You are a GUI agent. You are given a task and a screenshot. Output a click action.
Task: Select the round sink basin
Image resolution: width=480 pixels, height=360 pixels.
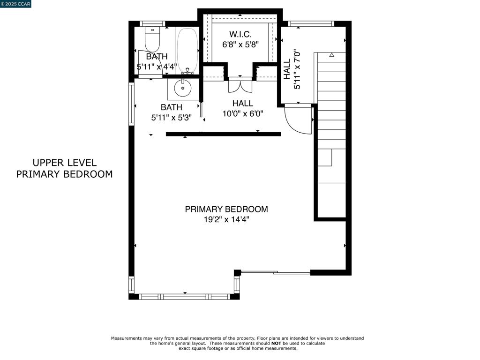tap(182, 87)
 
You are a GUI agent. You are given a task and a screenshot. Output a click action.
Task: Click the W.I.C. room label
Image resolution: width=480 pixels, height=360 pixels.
tap(240, 34)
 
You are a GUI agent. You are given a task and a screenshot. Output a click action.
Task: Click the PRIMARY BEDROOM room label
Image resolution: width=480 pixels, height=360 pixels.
tap(226, 209)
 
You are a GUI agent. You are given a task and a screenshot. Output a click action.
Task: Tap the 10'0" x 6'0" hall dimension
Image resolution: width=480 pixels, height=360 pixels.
tap(243, 113)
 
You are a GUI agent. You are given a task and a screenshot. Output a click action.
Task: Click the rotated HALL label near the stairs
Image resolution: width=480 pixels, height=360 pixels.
tap(287, 69)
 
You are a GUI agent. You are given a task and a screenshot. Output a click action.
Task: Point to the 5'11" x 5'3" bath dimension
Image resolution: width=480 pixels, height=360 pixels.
tap(171, 118)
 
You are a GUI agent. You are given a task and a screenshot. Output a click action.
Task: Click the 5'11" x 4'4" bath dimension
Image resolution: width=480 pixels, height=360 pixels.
tap(157, 67)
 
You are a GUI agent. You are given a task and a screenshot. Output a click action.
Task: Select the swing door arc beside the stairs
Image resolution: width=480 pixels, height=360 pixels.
tap(297, 120)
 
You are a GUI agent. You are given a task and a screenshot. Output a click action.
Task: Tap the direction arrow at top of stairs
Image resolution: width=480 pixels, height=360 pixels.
tap(331, 55)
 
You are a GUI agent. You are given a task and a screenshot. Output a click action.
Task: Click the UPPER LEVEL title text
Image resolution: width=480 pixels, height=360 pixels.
tap(64, 163)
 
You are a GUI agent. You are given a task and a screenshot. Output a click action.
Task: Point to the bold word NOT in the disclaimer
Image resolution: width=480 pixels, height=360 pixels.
tap(276, 343)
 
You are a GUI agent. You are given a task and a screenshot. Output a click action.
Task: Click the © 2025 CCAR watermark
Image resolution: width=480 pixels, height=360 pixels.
tap(16, 4)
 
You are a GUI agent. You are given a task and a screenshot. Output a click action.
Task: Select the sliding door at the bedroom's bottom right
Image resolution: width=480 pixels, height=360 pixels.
tap(275, 272)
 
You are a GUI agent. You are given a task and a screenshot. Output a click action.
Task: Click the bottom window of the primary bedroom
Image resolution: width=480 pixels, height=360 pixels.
tap(185, 296)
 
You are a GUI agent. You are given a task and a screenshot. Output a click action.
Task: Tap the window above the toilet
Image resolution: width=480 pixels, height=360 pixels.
tap(153, 23)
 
